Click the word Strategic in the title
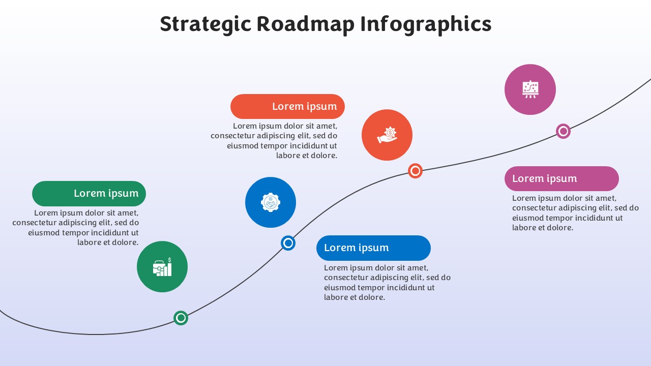(x=205, y=24)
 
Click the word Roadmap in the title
(x=306, y=24)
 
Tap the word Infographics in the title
(x=426, y=24)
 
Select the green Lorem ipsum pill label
(x=89, y=194)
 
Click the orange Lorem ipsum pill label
(x=287, y=106)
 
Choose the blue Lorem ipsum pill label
(x=373, y=248)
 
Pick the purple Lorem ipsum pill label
(x=561, y=178)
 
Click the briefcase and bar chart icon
(x=162, y=267)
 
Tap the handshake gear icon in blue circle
(x=271, y=202)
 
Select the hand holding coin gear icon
(x=387, y=135)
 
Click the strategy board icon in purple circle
(x=530, y=89)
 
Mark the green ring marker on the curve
(x=181, y=318)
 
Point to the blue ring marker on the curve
(x=288, y=243)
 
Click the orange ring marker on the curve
(x=415, y=171)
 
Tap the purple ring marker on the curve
(x=563, y=131)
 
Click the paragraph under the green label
(x=76, y=227)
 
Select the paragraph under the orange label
(x=274, y=141)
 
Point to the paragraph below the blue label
(x=388, y=282)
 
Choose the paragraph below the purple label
(x=575, y=212)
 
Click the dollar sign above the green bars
(x=169, y=260)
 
